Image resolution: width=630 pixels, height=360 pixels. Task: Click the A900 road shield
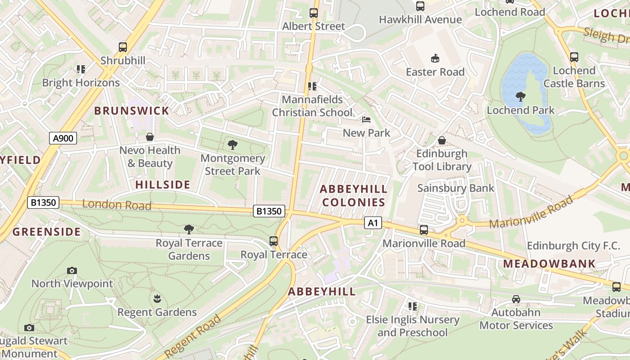[63, 138]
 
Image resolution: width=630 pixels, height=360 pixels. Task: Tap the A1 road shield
[373, 223]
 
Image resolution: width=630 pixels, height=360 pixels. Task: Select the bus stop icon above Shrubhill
[122, 47]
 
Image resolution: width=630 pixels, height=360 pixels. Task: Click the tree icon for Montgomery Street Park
[233, 145]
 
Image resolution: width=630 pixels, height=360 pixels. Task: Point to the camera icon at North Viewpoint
[72, 270]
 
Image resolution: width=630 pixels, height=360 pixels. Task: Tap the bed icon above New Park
[366, 120]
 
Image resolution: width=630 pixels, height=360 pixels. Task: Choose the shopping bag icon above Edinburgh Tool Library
[442, 140]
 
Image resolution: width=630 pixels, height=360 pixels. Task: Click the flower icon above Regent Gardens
[157, 298]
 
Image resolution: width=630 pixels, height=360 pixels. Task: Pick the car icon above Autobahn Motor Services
[516, 299]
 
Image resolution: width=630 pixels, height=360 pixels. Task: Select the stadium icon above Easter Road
[435, 58]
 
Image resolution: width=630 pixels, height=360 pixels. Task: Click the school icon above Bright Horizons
[81, 69]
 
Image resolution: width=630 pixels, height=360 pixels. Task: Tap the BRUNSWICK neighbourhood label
[131, 111]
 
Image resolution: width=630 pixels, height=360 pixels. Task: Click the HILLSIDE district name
[163, 184]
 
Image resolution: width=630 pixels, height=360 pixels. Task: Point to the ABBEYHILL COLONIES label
[354, 196]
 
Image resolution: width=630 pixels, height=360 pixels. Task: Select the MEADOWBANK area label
[549, 264]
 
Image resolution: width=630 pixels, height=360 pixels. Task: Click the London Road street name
[117, 205]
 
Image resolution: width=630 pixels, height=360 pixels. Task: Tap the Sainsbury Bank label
[455, 188]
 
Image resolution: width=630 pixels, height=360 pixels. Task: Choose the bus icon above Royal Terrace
[273, 241]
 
